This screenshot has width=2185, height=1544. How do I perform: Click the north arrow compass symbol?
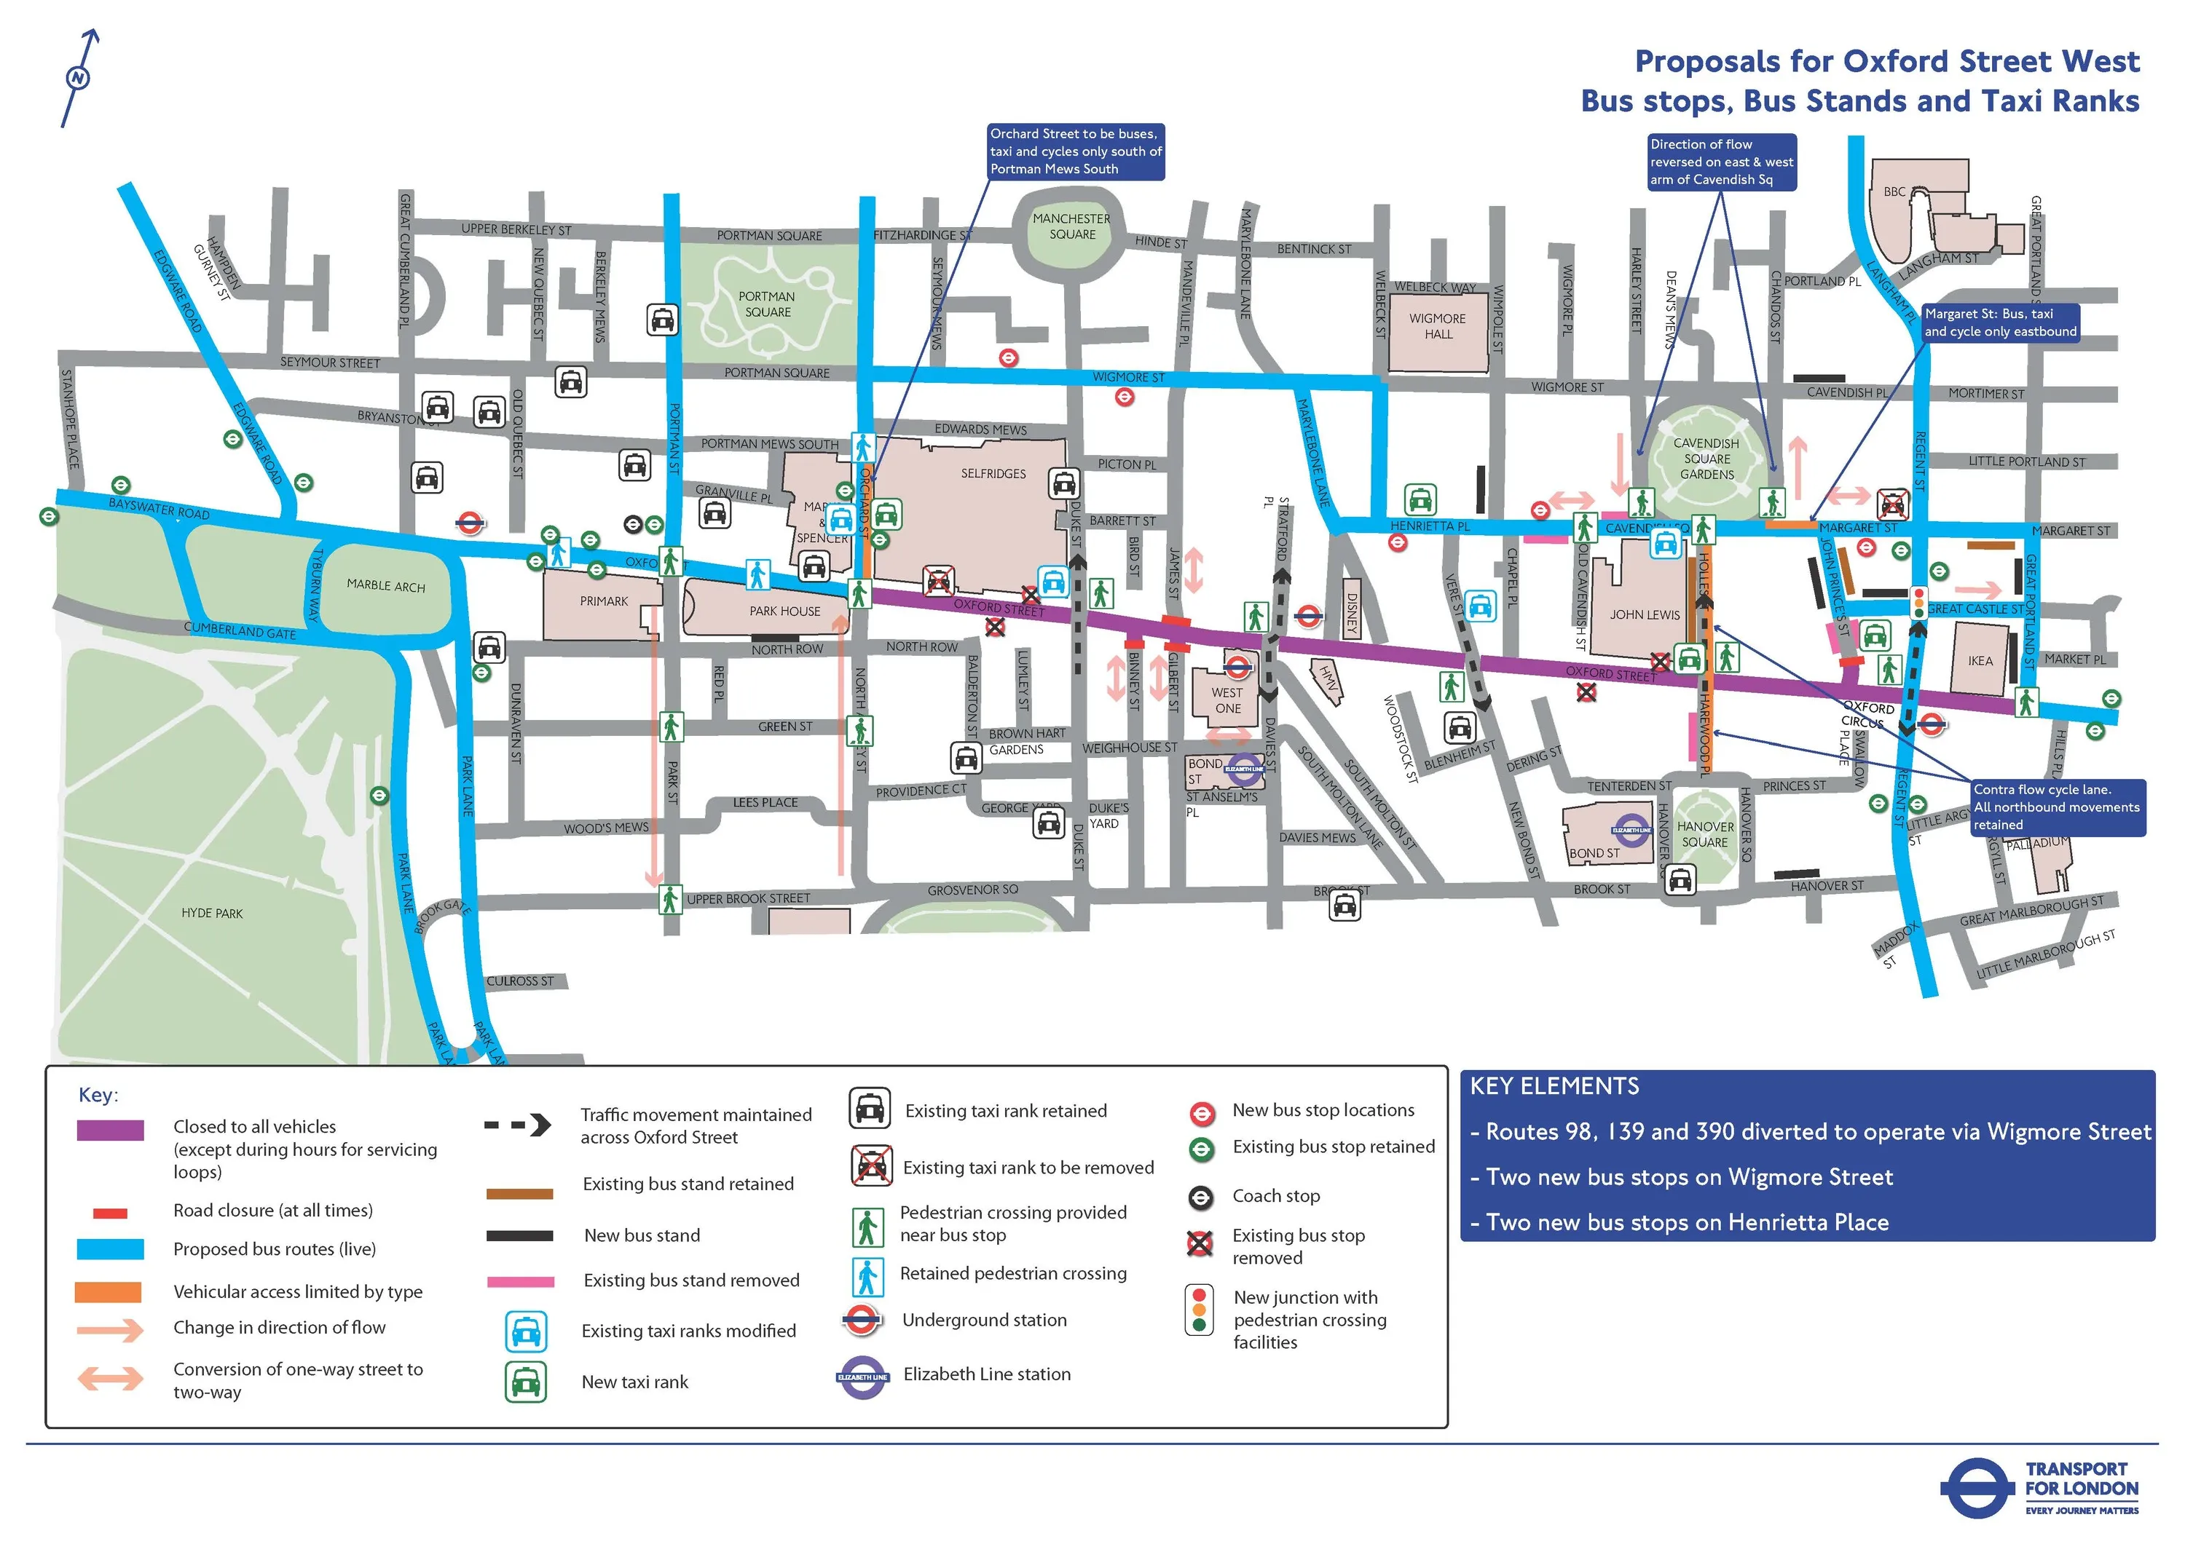click(78, 78)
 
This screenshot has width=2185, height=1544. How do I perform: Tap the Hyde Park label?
click(211, 914)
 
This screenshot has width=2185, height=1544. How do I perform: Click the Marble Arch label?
click(385, 585)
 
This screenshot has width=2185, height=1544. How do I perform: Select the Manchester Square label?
click(1071, 226)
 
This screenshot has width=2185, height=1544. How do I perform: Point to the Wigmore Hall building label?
click(1438, 326)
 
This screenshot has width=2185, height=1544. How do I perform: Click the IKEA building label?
click(1980, 660)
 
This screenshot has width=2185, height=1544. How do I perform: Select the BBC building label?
click(1894, 192)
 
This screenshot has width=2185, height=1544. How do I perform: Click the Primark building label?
click(603, 601)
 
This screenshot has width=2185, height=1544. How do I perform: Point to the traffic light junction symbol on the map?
click(1918, 603)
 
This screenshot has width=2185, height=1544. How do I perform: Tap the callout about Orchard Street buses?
click(1075, 152)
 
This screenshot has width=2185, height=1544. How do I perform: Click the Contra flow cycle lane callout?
click(2058, 807)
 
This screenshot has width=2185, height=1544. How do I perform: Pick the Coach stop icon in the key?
click(1201, 1197)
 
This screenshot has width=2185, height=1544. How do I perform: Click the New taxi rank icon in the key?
click(525, 1382)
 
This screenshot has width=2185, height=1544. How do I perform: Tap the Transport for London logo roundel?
click(1975, 1489)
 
